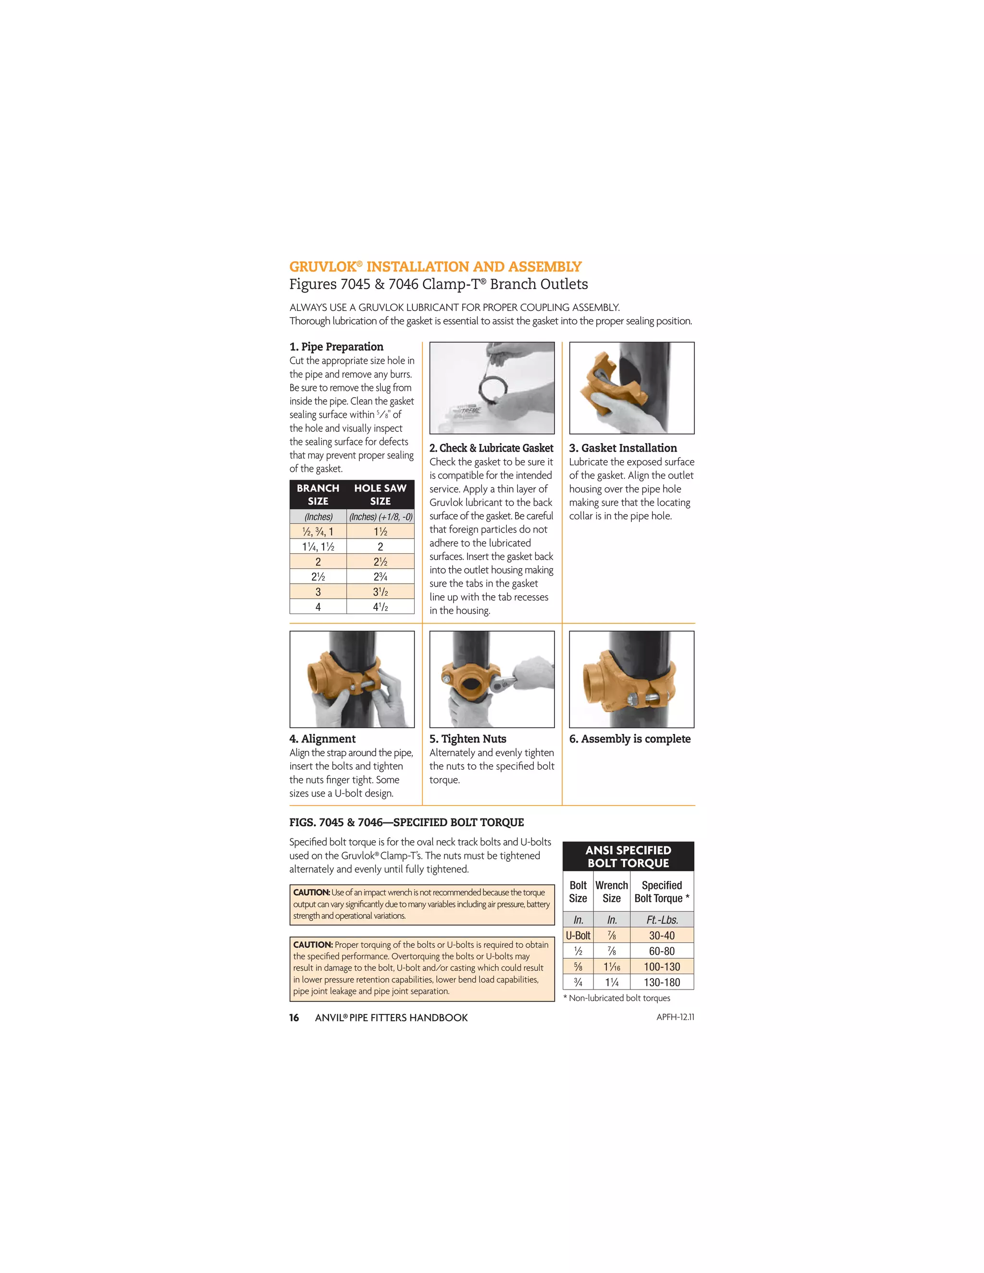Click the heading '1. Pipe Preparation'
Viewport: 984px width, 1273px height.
(336, 347)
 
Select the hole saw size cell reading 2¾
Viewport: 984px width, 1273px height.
(380, 577)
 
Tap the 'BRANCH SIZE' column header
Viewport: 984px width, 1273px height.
(318, 494)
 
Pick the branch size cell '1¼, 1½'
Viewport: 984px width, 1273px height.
(318, 547)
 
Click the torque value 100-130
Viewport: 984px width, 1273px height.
(662, 967)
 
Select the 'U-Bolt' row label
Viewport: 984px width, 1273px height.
(578, 935)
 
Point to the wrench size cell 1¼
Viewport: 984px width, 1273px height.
(612, 982)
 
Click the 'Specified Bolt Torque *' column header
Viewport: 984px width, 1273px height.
(662, 892)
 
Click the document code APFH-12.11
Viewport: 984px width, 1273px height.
(675, 1017)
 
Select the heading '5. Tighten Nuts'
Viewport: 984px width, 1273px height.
(467, 738)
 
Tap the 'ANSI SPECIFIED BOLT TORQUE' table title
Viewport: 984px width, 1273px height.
(628, 856)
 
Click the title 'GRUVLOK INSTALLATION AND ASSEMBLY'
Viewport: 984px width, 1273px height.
(435, 267)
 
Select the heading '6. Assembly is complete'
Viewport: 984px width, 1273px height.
(629, 738)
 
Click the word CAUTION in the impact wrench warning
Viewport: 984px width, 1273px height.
(311, 893)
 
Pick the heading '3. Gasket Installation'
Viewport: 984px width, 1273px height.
(623, 448)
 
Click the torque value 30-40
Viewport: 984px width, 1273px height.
(662, 935)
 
